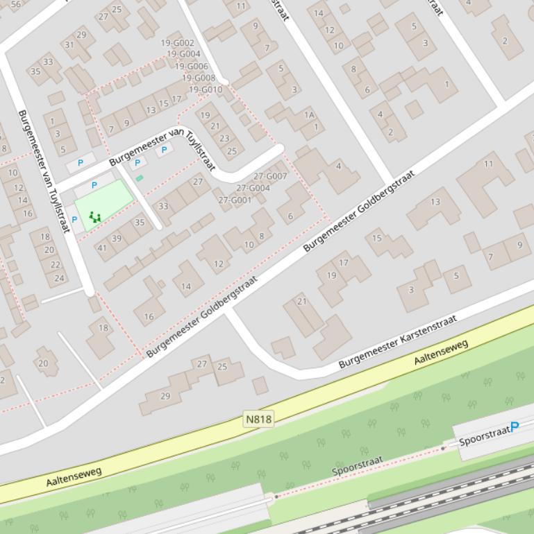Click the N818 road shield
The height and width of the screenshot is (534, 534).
point(258,419)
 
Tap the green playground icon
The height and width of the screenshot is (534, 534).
point(95,218)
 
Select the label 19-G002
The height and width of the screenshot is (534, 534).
point(178,43)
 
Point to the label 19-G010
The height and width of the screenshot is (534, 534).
point(206,89)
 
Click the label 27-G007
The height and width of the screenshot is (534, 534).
point(270,176)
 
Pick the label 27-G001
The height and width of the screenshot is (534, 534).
point(235,200)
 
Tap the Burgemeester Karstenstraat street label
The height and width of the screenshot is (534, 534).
point(398,341)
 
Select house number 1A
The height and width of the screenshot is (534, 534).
point(309,114)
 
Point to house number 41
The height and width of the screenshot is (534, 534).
point(102,248)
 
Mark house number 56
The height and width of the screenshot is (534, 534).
point(15,3)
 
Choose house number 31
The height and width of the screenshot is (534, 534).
point(69,45)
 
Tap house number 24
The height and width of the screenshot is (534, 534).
point(60,278)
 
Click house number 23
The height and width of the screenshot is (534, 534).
point(224,137)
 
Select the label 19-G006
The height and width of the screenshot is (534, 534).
point(192,67)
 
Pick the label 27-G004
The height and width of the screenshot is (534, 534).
point(253,188)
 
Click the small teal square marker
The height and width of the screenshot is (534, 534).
point(140,178)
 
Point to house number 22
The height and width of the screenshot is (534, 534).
point(55,264)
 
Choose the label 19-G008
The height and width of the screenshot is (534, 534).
point(199,78)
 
